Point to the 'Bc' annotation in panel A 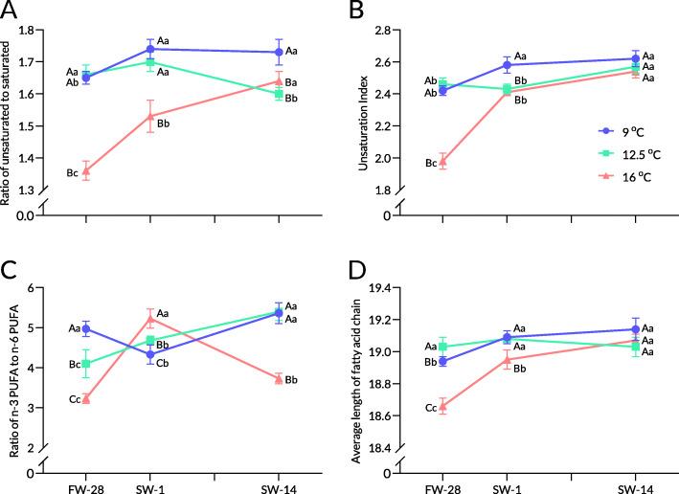coord(71,173)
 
